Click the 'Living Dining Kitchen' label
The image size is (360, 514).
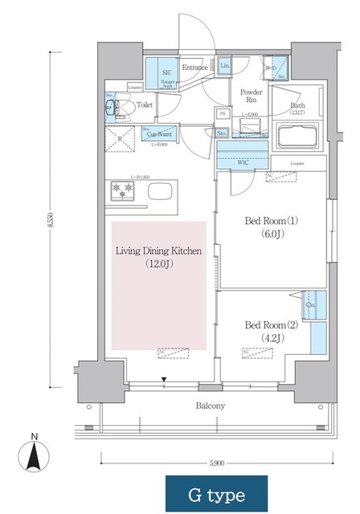click(158, 251)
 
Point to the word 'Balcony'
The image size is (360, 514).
click(209, 406)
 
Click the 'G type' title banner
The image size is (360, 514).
click(216, 494)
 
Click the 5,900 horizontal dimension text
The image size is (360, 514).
click(216, 463)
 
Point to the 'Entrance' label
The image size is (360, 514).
click(194, 67)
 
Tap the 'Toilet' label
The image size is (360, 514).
click(145, 104)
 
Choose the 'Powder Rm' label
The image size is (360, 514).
click(251, 96)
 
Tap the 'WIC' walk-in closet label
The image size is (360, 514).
click(242, 163)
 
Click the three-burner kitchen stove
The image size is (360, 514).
click(125, 190)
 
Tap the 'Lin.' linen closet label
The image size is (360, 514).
click(225, 65)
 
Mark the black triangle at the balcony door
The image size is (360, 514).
click(164, 379)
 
